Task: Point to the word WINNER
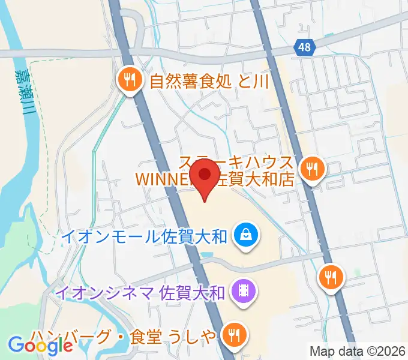coord(163,179)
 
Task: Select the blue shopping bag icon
coord(245,235)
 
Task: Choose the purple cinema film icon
coord(244,292)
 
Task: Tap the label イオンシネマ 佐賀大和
coord(140,293)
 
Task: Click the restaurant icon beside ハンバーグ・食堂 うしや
coord(233,334)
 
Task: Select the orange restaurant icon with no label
coord(330,277)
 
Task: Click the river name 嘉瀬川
coord(25,90)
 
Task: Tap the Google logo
coord(41,345)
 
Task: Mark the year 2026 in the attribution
coord(389,351)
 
